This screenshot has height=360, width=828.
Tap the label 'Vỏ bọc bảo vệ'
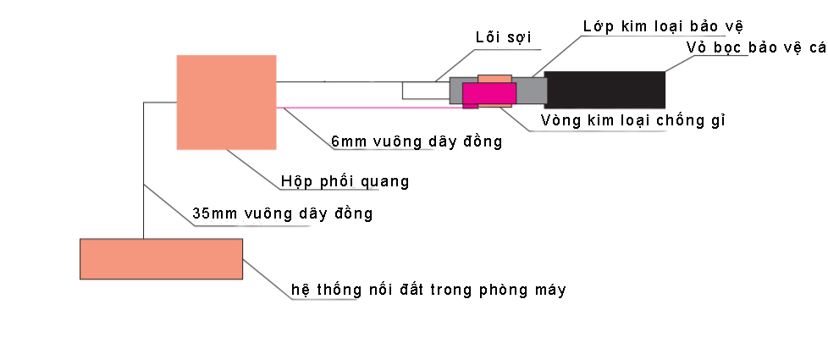755,47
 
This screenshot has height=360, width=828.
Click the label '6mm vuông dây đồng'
417,141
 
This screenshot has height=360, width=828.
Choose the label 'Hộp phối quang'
345,181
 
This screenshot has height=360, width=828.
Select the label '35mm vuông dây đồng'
282,213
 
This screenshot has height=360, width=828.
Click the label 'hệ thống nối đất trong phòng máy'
428,290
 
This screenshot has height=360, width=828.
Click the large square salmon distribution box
226,102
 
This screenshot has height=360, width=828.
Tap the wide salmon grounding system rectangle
161,259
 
